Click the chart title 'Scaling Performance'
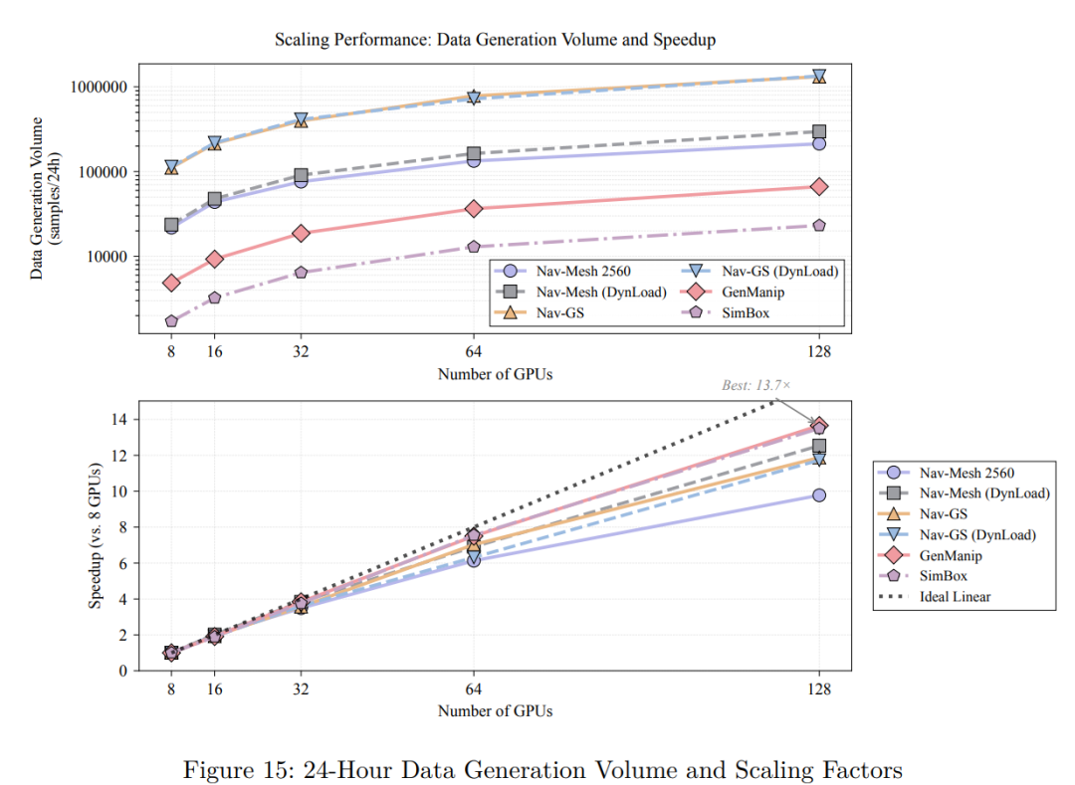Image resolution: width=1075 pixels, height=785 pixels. (x=495, y=40)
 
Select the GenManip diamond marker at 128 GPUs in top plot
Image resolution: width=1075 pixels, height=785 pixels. (x=818, y=187)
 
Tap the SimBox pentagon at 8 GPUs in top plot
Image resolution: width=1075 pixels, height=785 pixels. (x=171, y=321)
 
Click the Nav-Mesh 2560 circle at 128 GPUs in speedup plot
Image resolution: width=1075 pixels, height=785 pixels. (x=818, y=494)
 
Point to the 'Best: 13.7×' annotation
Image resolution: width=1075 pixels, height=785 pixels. (x=756, y=385)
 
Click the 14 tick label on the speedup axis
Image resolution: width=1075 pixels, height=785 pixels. (x=121, y=420)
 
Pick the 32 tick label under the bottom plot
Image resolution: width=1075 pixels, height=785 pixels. (x=301, y=687)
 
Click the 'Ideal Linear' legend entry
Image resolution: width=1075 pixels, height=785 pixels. (x=956, y=597)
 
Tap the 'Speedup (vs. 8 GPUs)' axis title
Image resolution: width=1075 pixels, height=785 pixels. (x=96, y=536)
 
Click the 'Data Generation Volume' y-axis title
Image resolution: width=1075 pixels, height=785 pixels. (x=38, y=198)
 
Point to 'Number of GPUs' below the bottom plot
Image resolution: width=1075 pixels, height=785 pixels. (x=495, y=710)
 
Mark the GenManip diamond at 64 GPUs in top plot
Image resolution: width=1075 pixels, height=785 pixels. (x=474, y=209)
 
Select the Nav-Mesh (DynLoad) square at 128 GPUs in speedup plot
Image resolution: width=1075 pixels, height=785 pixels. (x=818, y=447)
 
